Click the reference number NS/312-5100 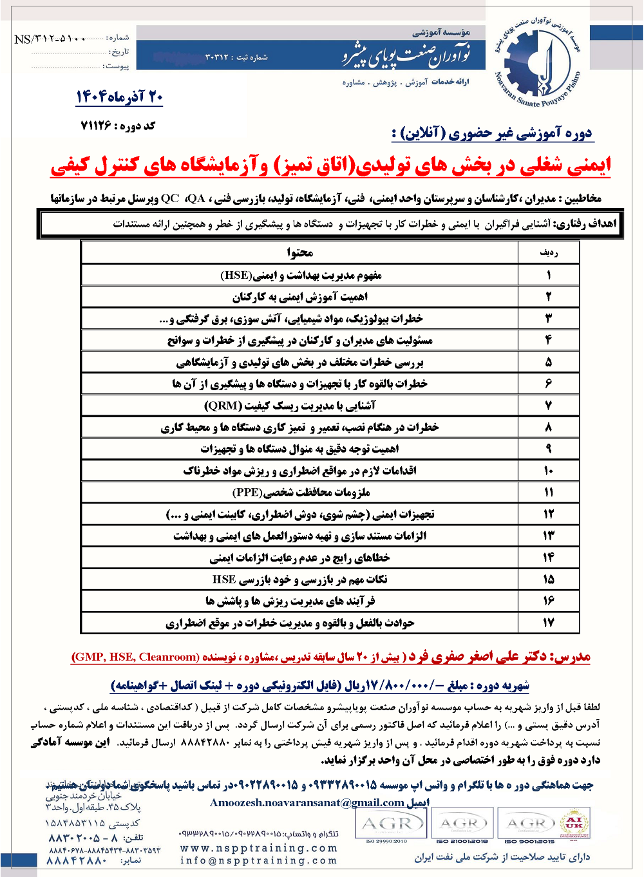(50, 39)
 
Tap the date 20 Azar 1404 (120, 97)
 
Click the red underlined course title (330, 166)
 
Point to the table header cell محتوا (300, 252)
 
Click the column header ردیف (549, 252)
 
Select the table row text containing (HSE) (301, 275)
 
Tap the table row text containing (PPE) (301, 493)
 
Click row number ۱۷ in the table (549, 623)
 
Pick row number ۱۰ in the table (549, 471)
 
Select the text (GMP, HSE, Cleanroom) (135, 657)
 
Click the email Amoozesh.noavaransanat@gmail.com (308, 802)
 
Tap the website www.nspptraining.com (258, 848)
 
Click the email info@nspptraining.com (258, 860)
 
